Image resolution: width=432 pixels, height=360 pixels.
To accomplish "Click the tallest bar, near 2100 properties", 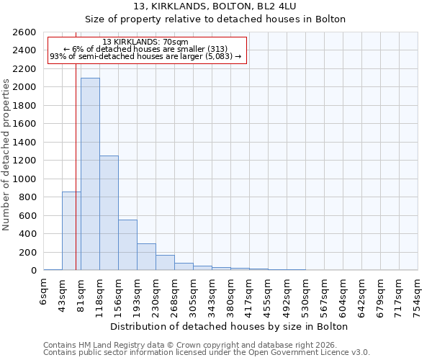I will click(x=90, y=174).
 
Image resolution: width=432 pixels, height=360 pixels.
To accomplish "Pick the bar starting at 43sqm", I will click(x=71, y=230).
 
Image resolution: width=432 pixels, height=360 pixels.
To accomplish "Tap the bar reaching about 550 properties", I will click(x=127, y=245).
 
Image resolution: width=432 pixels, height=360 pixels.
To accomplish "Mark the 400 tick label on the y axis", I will click(x=30, y=234).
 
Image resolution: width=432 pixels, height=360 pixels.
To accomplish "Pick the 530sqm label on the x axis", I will click(x=305, y=291).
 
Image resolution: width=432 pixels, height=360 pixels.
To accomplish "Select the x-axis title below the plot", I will click(x=230, y=326).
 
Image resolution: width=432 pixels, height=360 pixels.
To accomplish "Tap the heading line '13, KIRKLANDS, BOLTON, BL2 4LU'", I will click(x=215, y=6).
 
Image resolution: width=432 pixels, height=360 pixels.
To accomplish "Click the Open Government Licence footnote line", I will click(x=207, y=352).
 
